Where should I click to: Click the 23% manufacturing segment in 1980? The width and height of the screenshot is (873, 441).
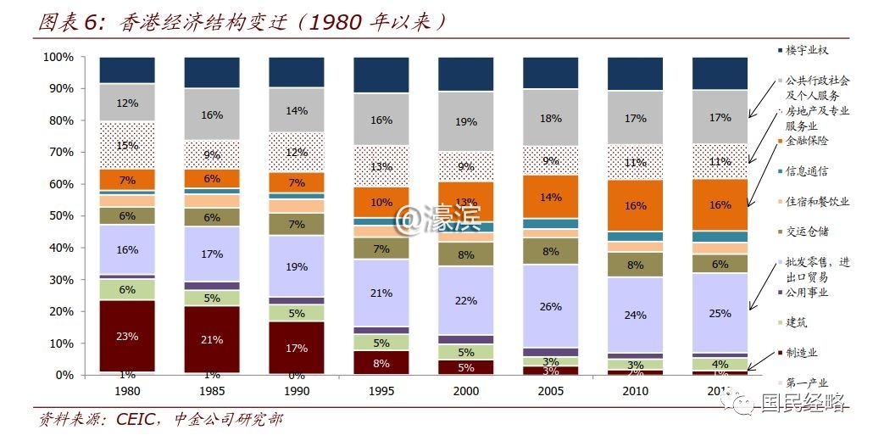point(127,336)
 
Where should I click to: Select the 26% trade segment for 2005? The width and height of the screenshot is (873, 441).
point(551,306)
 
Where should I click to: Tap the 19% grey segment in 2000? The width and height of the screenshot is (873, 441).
point(466,121)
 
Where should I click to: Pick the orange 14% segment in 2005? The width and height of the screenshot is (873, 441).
point(551,197)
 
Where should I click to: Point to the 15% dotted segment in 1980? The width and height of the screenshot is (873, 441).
point(127,146)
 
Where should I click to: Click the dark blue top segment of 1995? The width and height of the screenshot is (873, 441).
point(381,75)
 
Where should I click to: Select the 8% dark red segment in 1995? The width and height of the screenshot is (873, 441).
point(381,362)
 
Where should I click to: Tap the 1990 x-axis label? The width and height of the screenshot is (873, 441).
point(297,392)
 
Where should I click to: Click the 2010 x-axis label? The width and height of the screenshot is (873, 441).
point(636,392)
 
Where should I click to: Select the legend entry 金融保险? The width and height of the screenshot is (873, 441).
point(806,141)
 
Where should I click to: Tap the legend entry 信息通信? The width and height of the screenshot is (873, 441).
point(806,171)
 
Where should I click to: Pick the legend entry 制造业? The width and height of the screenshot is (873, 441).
point(801,353)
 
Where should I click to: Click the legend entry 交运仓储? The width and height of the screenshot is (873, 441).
point(806,232)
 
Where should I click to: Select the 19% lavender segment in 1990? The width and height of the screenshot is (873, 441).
point(297,265)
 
